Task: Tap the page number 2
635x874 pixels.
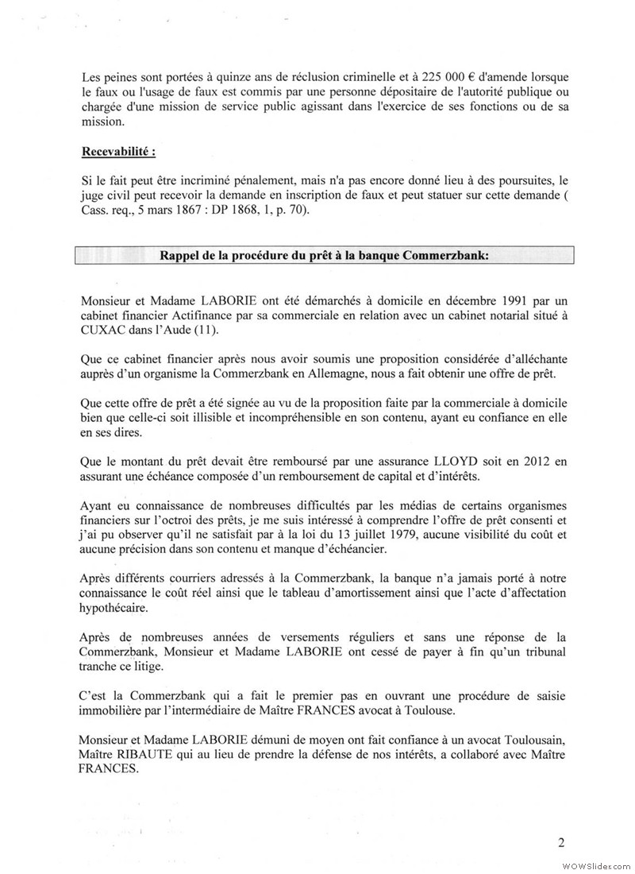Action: (x=560, y=843)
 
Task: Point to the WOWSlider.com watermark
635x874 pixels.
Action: (x=595, y=864)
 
